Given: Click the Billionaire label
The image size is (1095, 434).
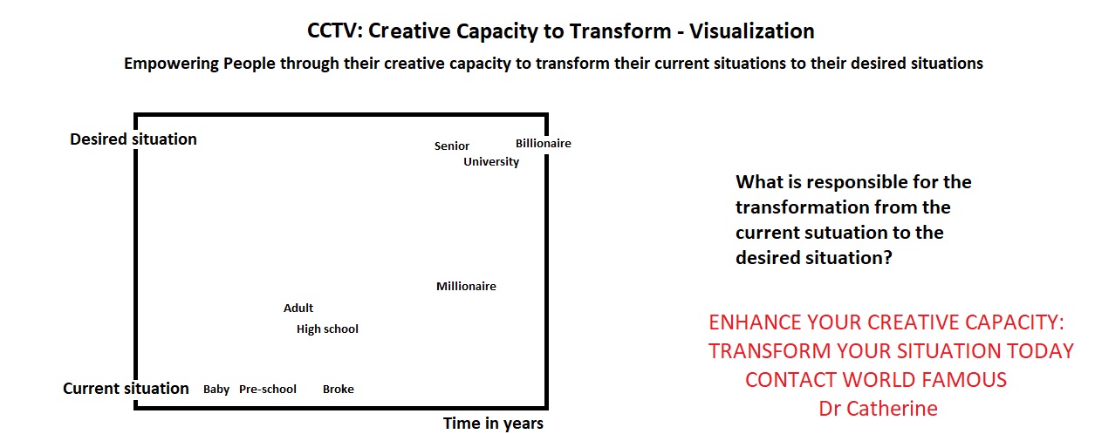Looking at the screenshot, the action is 543,144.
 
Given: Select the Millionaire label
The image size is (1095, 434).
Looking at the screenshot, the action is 466,286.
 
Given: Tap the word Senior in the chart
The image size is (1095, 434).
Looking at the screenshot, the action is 452,146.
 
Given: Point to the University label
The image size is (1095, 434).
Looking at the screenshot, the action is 491,162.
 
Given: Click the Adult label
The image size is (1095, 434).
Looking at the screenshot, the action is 298,308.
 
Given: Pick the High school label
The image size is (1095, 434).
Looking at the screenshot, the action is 327,329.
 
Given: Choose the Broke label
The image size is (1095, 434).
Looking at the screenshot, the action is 339,389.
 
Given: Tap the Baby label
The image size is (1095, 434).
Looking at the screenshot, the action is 216,390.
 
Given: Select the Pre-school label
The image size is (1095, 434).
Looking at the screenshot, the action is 267,389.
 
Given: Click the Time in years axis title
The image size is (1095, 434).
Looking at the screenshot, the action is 493,424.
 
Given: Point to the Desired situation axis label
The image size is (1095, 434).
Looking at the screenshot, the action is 133,139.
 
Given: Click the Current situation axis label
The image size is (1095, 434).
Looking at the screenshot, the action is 126,388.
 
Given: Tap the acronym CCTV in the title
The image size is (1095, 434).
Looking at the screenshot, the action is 333,31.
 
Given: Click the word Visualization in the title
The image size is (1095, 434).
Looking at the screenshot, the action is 752,31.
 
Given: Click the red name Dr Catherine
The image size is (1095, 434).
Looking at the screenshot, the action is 878,409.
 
